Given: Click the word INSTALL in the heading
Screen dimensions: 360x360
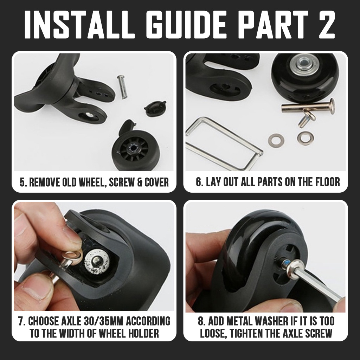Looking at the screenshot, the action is pos(80,24).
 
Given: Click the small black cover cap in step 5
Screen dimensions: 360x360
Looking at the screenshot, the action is pos(155,109).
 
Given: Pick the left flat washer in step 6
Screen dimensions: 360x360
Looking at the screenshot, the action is pos(276,139).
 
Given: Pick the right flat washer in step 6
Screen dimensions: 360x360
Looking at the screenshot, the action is pos(305,137).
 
